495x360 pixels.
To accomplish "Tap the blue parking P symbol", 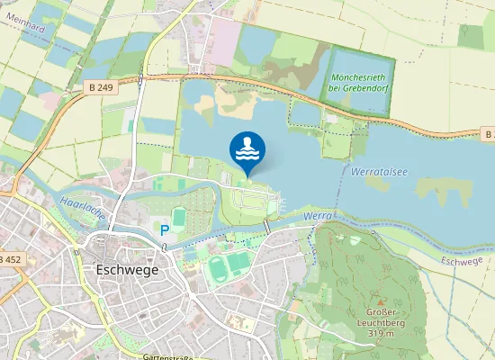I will point(165,230).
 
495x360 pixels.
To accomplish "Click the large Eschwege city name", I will point(126,269).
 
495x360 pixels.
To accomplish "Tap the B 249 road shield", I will point(102,85).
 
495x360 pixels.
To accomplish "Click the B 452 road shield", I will point(8,259).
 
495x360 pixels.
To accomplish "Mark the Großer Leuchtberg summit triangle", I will point(380,302).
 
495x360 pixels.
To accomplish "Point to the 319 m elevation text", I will point(382,335).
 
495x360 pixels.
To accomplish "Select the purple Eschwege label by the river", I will point(463,261).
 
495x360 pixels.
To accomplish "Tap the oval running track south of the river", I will point(217,266).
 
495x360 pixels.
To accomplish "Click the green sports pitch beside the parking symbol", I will point(178,219).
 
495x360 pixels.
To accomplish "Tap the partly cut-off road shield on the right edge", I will point(489,134).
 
